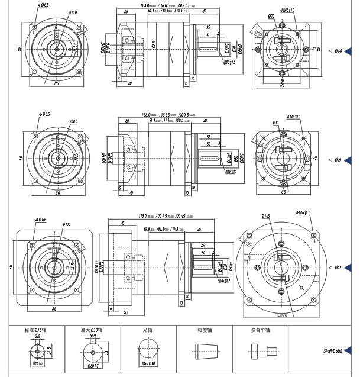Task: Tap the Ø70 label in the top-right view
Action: tap(271, 16)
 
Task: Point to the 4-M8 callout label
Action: tap(303, 212)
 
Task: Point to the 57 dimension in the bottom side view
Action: tap(126, 312)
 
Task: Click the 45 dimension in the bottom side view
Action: tap(122, 224)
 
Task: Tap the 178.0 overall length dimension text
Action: tap(143, 216)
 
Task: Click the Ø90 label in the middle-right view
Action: tap(275, 123)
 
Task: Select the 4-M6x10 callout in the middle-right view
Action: tap(294, 117)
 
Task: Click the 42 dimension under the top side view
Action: tap(129, 83)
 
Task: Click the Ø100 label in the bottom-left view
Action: tap(66, 225)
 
